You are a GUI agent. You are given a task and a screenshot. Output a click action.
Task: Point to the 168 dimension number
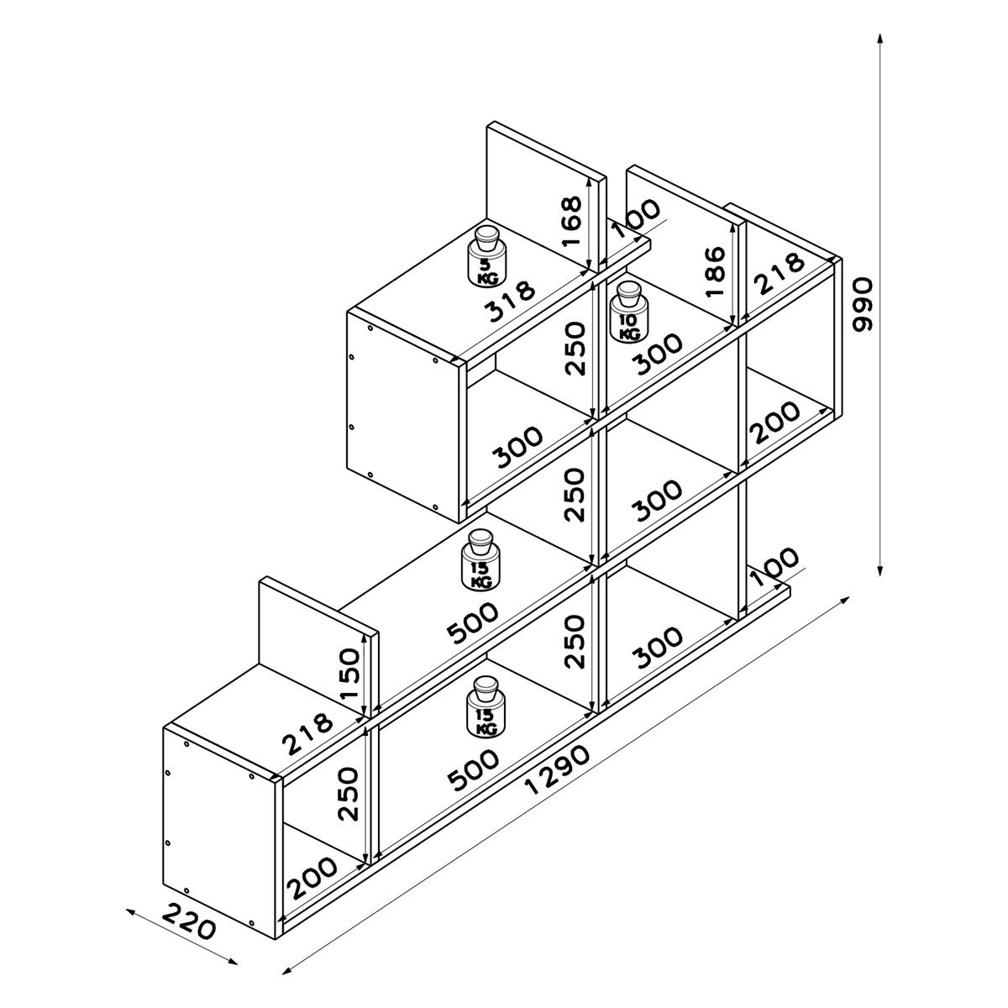(571, 220)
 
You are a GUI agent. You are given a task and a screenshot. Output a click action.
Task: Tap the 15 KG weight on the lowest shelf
(485, 707)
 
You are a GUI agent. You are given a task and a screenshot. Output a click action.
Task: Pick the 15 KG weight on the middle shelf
(481, 559)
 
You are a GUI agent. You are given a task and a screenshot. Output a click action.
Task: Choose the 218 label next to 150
(308, 732)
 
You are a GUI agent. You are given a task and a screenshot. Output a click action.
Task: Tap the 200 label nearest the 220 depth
(312, 878)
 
